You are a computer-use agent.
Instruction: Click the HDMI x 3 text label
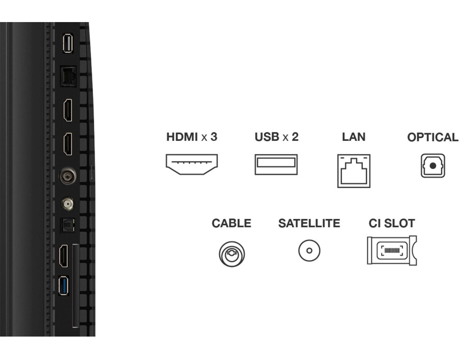pos(192,137)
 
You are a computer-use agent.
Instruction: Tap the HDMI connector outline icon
pos(192,165)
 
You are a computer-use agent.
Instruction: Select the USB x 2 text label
pos(276,137)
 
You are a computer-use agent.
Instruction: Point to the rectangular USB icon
pos(276,164)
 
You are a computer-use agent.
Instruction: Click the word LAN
pos(353,137)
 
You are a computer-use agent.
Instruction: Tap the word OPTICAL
pos(433,138)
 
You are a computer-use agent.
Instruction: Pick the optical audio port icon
pos(433,166)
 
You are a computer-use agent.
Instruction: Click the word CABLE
pos(231,223)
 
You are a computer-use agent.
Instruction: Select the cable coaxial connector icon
pos(232,253)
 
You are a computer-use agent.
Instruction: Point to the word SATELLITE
pos(309,223)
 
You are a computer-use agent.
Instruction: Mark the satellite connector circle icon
pos(309,250)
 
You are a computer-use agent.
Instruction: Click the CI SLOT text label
pos(392,223)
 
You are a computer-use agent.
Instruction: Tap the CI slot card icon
pos(392,250)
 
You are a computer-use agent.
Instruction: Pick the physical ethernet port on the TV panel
pos(68,76)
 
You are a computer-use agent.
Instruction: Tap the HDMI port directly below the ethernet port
pos(68,111)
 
